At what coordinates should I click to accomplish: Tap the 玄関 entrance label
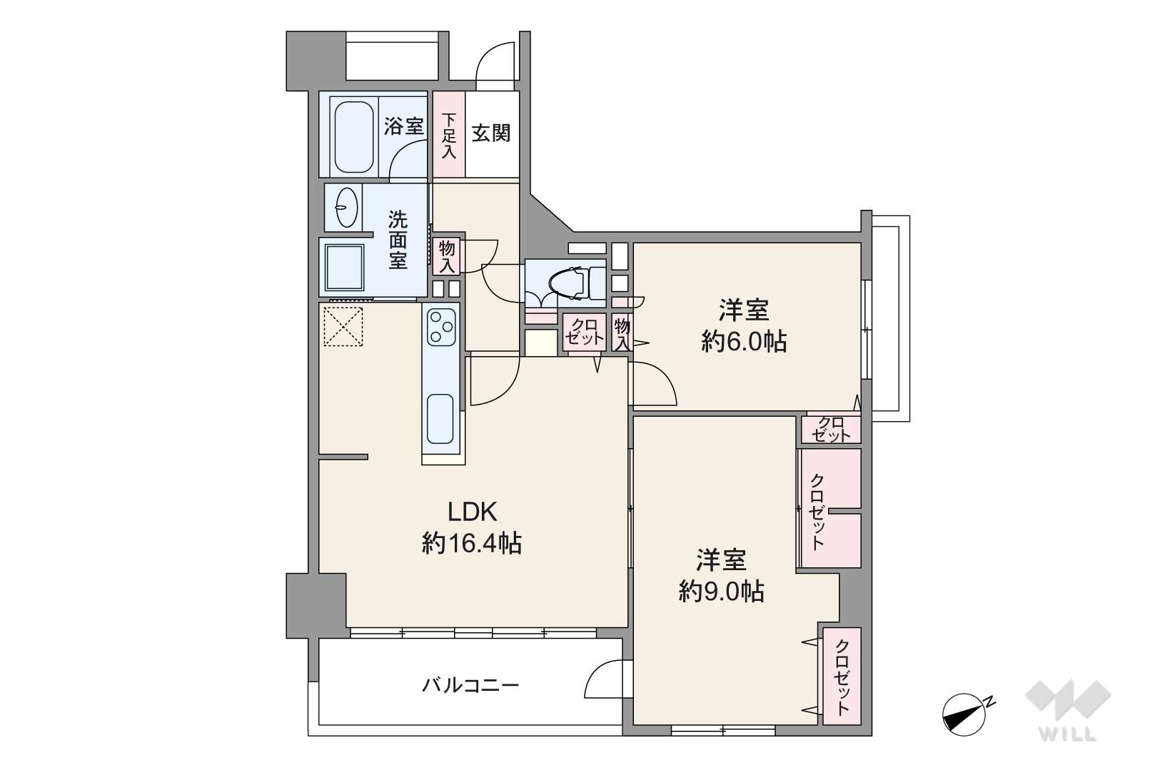click(x=491, y=133)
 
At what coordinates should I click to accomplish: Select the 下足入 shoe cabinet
click(x=449, y=135)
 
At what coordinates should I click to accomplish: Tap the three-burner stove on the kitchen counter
click(x=441, y=327)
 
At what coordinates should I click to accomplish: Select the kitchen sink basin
click(x=440, y=419)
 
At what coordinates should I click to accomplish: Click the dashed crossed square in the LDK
click(x=343, y=326)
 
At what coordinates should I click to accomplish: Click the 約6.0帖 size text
click(x=744, y=342)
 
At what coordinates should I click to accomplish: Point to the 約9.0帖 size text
click(x=721, y=592)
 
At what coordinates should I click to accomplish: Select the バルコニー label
click(x=470, y=685)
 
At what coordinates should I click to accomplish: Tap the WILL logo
click(x=1068, y=710)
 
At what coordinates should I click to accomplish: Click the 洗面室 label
click(x=398, y=240)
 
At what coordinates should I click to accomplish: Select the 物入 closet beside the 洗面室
click(x=447, y=256)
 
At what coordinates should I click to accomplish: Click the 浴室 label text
click(x=403, y=126)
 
